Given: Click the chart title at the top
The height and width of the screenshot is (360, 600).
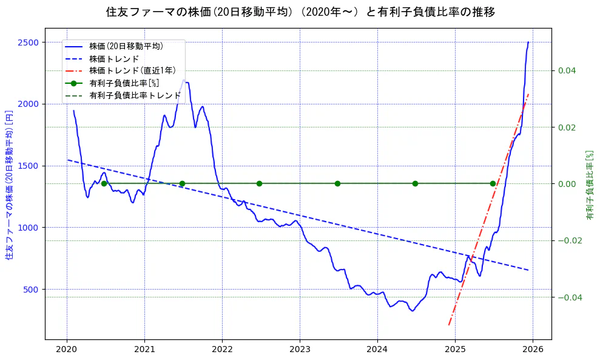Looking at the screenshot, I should point(300,12).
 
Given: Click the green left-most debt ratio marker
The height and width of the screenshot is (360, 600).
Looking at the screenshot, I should point(104,183).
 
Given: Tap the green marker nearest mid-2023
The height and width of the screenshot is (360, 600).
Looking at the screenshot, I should point(337,183).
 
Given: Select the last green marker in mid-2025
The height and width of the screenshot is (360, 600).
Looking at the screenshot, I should point(493,183).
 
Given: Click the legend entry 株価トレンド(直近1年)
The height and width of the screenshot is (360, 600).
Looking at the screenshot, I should point(132,70).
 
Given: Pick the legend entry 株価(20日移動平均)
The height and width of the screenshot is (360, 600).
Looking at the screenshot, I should point(126,46).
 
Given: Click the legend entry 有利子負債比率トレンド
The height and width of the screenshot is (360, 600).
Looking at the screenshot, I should point(135,95).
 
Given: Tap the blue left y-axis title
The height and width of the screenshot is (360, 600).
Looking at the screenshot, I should point(9,185).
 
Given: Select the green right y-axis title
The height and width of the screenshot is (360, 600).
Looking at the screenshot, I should point(589,185).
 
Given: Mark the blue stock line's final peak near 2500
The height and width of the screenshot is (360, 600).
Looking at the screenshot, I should point(528,42).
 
